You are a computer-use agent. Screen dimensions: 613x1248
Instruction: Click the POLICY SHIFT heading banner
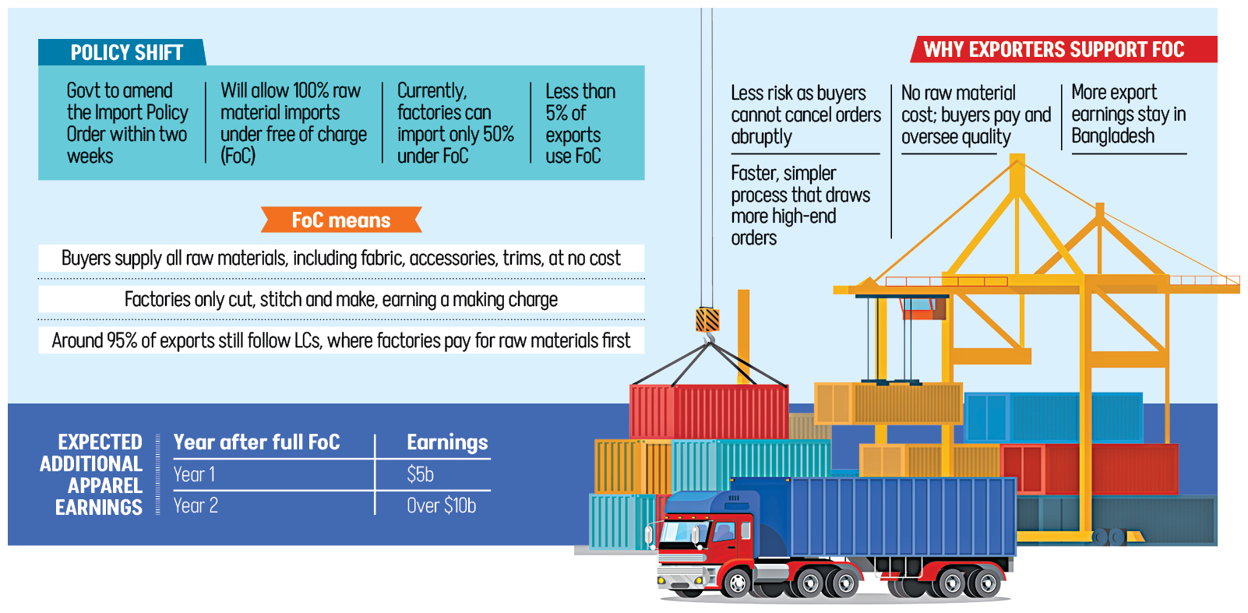(125, 52)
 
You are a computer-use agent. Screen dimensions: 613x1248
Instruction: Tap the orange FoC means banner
(341, 220)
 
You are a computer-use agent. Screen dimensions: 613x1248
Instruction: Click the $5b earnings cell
(420, 474)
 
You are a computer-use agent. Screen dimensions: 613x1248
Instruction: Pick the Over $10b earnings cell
(441, 506)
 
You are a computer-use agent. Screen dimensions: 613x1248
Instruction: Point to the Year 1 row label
(194, 474)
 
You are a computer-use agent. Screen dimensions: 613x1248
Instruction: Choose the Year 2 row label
(196, 506)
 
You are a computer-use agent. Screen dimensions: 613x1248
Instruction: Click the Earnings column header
(447, 442)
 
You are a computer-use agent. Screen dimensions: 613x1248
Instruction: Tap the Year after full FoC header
(256, 442)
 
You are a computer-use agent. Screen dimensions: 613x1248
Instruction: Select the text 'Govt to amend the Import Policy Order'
(127, 124)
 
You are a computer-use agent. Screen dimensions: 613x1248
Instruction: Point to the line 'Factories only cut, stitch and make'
(340, 300)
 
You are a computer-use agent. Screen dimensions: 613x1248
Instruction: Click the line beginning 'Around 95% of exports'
(340, 340)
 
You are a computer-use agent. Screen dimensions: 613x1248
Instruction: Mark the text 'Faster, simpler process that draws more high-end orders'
(800, 206)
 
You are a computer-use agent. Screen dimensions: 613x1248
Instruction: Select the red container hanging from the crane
(708, 410)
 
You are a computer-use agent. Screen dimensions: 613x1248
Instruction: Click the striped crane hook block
(707, 319)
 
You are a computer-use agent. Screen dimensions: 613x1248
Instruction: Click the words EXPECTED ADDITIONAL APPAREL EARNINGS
(93, 474)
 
